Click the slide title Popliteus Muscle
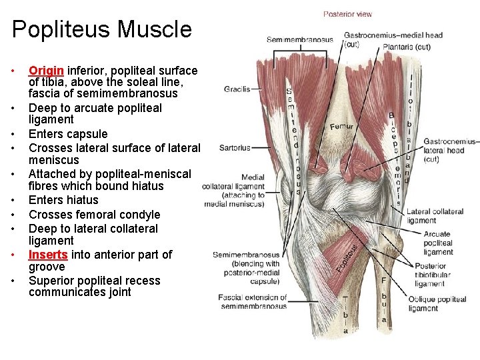pyautogui.click(x=101, y=29)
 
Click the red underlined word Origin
pyautogui.click(x=46, y=71)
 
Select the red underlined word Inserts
pyautogui.click(x=48, y=255)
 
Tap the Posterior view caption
pyautogui.click(x=347, y=14)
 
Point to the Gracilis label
pyautogui.click(x=237, y=89)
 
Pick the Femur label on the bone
pyautogui.click(x=341, y=125)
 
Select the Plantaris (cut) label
pyautogui.click(x=407, y=47)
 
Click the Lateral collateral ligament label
pyautogui.click(x=435, y=216)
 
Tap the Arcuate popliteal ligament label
pyautogui.click(x=437, y=243)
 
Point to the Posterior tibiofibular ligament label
pyautogui.click(x=439, y=275)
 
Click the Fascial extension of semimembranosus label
pyautogui.click(x=253, y=301)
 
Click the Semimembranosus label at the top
pyautogui.click(x=299, y=40)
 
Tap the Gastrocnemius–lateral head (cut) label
pyautogui.click(x=451, y=151)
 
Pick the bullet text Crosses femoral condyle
pyautogui.click(x=94, y=215)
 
